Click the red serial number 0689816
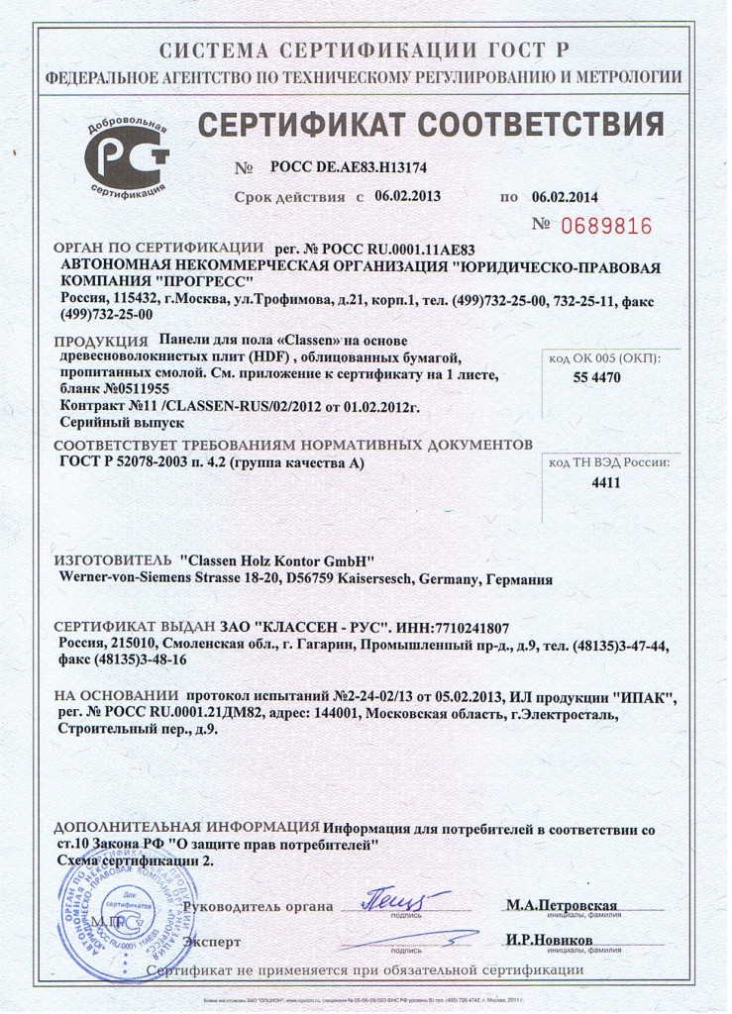[606, 227]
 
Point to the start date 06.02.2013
[407, 196]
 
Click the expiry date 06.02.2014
[566, 196]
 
